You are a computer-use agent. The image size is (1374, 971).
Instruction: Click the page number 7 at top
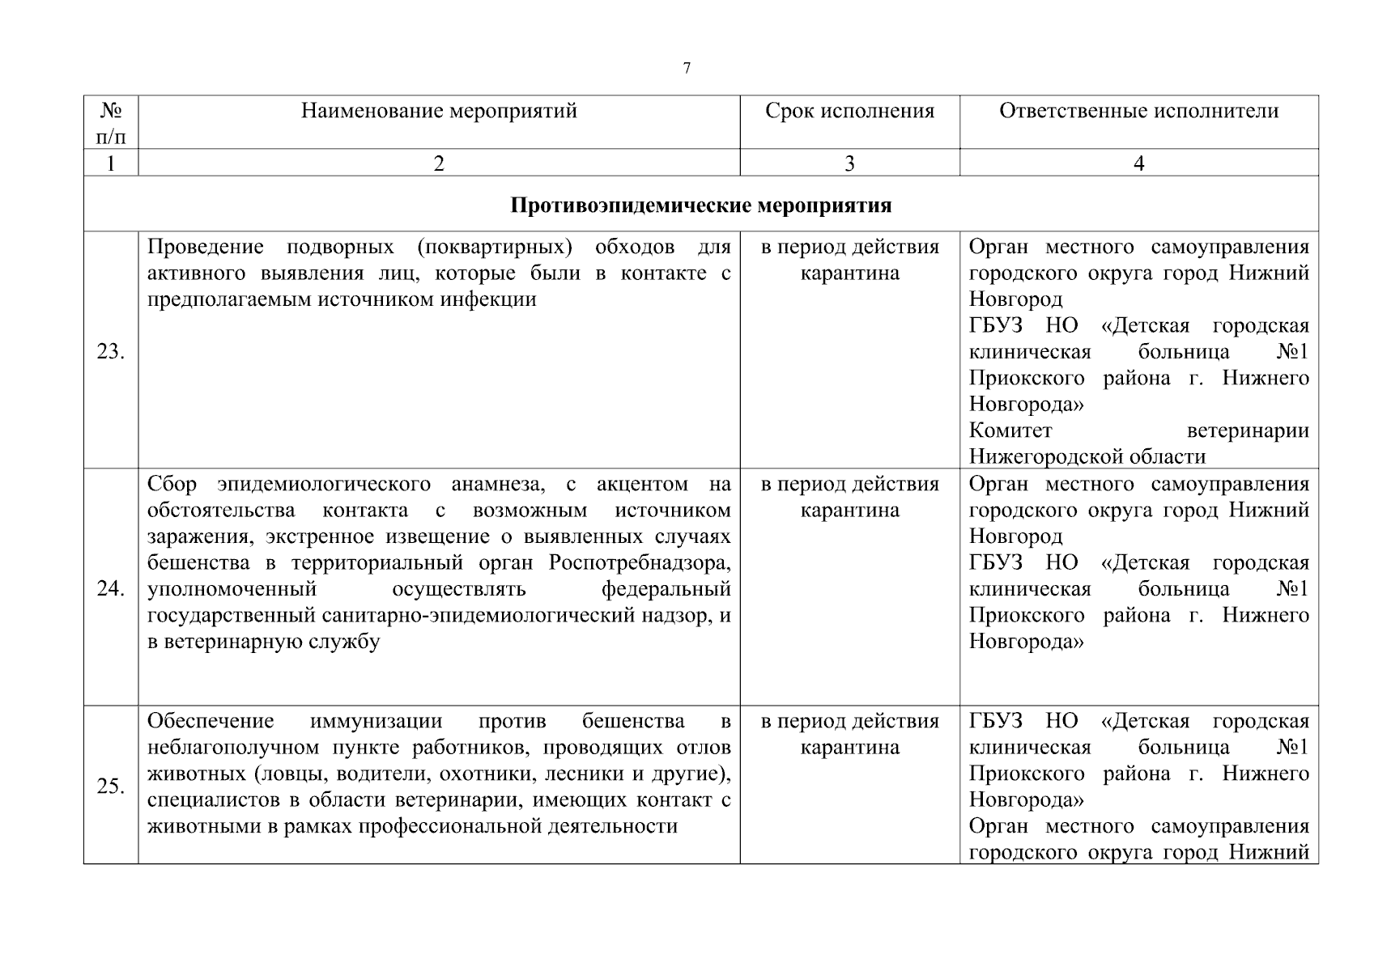tap(687, 69)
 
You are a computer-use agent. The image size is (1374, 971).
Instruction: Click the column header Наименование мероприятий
tap(439, 111)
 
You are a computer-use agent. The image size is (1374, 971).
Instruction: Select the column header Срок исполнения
tap(849, 111)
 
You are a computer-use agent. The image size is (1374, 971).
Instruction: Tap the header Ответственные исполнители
tap(1138, 111)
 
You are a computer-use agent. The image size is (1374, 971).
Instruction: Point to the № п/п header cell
tap(111, 122)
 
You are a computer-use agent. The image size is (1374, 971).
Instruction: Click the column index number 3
tap(849, 163)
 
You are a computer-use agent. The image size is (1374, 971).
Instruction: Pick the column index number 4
tap(1138, 163)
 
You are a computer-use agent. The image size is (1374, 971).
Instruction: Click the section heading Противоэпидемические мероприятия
tap(700, 206)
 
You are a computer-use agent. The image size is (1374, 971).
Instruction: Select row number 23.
tap(111, 352)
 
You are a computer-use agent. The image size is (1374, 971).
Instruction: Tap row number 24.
tap(111, 588)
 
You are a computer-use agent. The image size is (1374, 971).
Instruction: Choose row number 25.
tap(111, 786)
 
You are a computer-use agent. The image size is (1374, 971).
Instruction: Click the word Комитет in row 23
tap(1010, 430)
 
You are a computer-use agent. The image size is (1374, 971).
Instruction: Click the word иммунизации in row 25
tap(376, 721)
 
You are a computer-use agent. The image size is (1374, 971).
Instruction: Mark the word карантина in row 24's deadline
tap(849, 511)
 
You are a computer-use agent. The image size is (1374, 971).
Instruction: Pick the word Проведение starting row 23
tap(206, 247)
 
